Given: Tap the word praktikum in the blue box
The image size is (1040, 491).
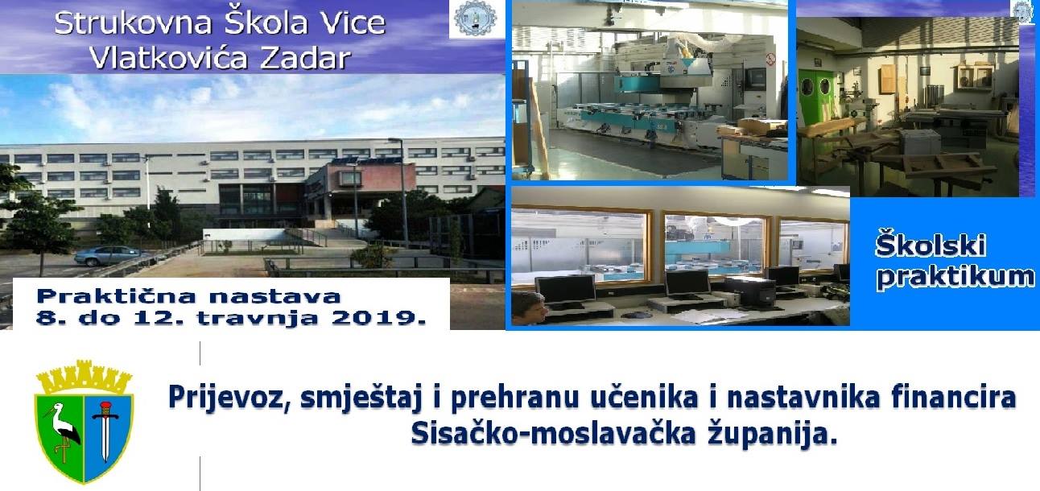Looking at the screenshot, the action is [x=955, y=278].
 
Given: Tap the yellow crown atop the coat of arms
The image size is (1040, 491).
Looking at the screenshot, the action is [x=84, y=377].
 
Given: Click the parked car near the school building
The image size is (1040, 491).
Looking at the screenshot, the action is [x=113, y=256].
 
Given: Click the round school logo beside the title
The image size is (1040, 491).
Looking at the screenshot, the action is [x=475, y=18].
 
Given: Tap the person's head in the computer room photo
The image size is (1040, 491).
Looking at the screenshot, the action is [x=530, y=307].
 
